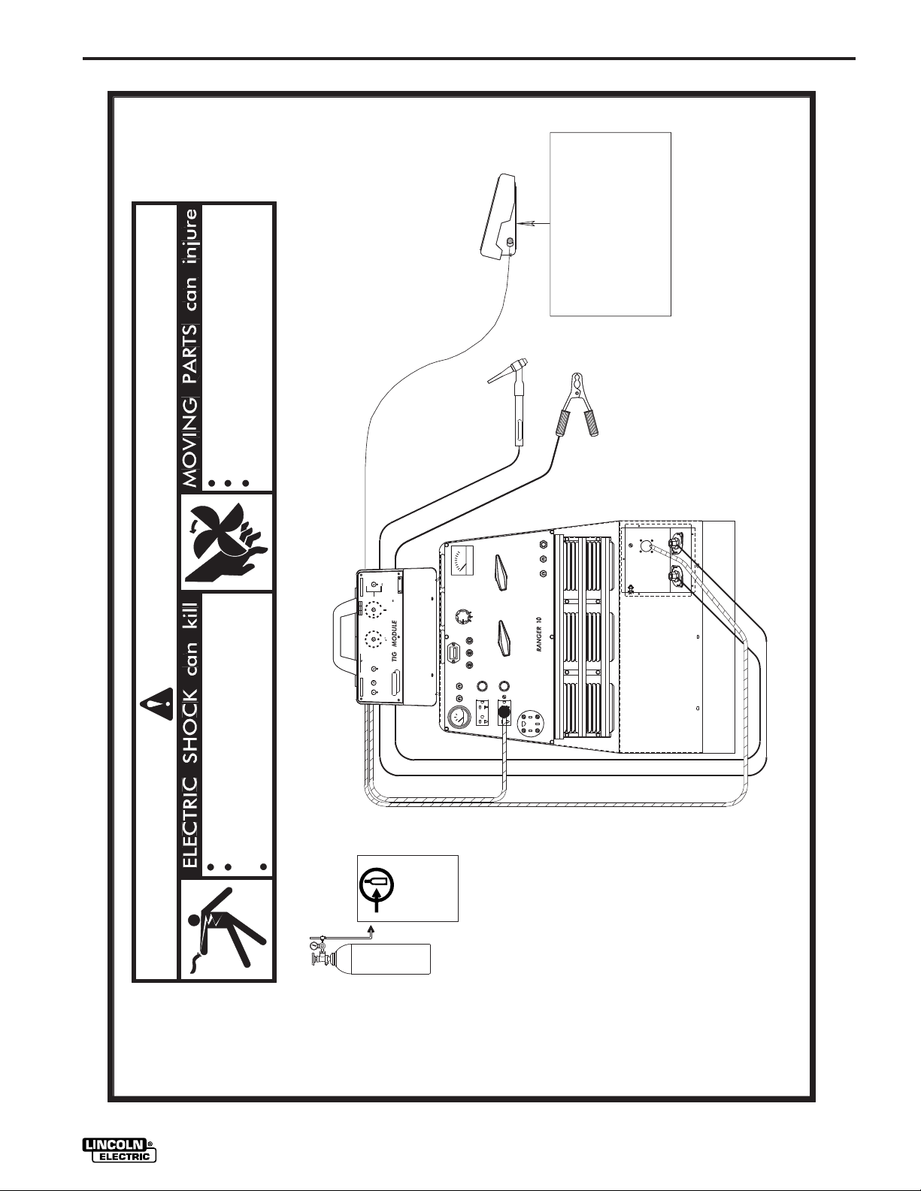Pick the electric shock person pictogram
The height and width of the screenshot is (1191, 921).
(228, 930)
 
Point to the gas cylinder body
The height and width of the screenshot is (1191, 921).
(392, 959)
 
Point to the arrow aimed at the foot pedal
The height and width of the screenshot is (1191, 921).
(533, 223)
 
